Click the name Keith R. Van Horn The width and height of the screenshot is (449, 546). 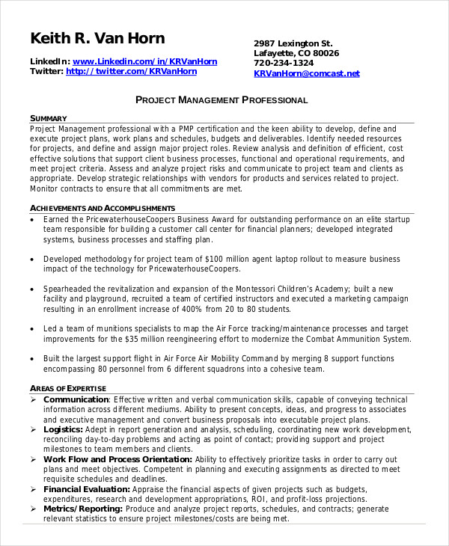pyautogui.click(x=97, y=38)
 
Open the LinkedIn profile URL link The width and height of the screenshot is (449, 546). pyautogui.click(x=145, y=61)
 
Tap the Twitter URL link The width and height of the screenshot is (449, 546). pyautogui.click(x=132, y=72)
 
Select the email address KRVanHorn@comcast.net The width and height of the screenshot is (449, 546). pyautogui.click(x=307, y=73)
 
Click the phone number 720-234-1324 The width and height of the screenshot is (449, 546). pyautogui.click(x=284, y=64)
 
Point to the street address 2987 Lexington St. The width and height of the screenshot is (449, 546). pyautogui.click(x=293, y=43)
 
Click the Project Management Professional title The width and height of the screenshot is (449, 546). pyautogui.click(x=222, y=100)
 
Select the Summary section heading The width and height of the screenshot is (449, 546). pyautogui.click(x=49, y=118)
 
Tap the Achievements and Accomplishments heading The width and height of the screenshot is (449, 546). pyautogui.click(x=103, y=208)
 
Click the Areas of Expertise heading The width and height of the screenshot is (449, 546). pyautogui.click(x=68, y=388)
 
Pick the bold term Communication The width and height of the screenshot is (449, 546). pyautogui.click(x=76, y=400)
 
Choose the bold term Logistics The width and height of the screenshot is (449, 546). pyautogui.click(x=63, y=429)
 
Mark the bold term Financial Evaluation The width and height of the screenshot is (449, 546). pyautogui.click(x=87, y=488)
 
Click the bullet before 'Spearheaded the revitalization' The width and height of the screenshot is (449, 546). pyautogui.click(x=32, y=289)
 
